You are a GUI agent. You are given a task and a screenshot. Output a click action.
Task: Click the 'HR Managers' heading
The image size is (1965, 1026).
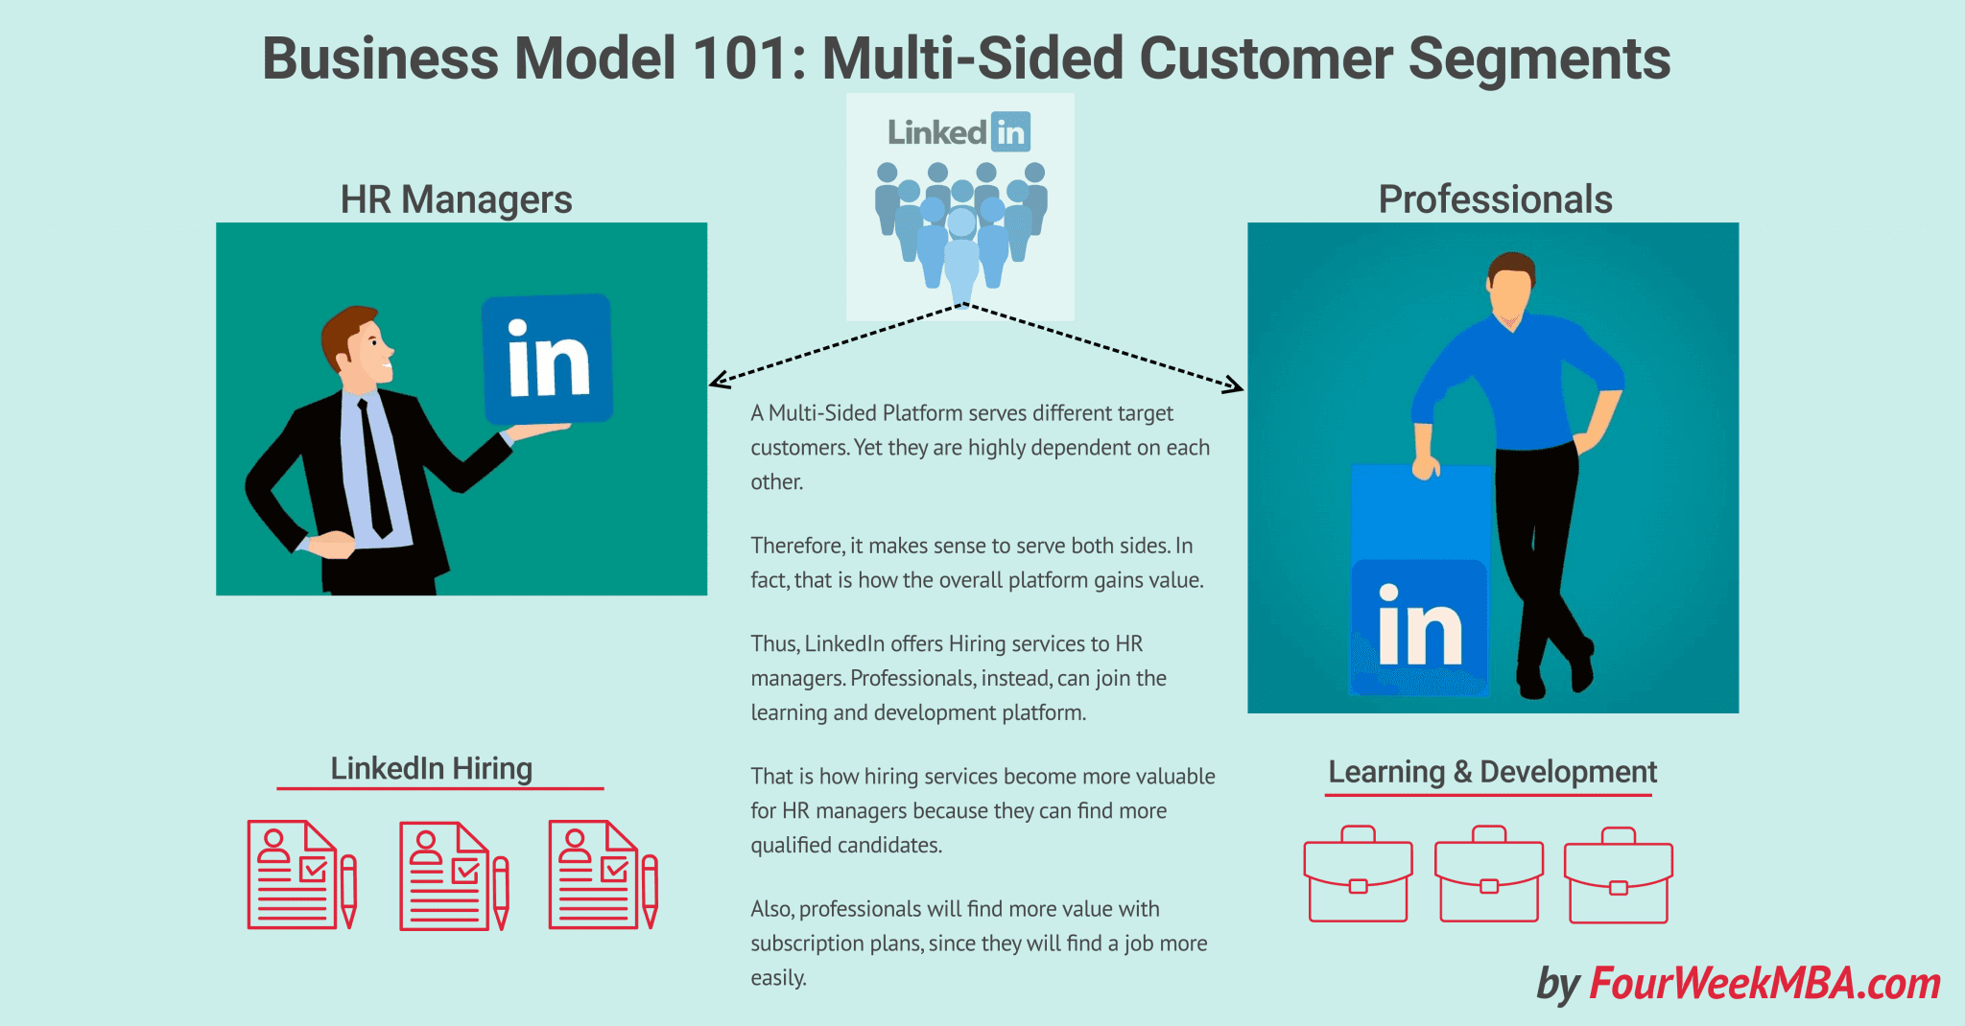456,199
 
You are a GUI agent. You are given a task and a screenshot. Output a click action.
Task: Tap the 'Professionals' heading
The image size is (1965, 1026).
1495,199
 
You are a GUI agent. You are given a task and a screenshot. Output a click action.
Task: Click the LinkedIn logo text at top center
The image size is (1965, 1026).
958,132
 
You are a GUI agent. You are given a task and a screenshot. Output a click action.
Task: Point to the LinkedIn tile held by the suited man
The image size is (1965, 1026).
547,359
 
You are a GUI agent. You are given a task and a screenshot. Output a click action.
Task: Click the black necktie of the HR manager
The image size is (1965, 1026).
374,470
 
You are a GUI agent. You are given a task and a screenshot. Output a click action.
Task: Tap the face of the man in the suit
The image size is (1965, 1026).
369,350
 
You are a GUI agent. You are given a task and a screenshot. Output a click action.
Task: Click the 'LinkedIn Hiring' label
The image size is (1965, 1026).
432,768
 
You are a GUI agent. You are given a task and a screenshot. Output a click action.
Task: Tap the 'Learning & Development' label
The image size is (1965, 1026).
1492,772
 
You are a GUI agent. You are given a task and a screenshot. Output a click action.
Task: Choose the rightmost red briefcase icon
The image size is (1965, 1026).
1619,874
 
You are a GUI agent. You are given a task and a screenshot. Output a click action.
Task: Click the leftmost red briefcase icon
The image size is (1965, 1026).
1358,874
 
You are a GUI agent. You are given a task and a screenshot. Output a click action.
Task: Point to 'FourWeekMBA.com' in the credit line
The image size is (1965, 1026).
1764,984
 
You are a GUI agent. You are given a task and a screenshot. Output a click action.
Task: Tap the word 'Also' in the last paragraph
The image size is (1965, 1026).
771,909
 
